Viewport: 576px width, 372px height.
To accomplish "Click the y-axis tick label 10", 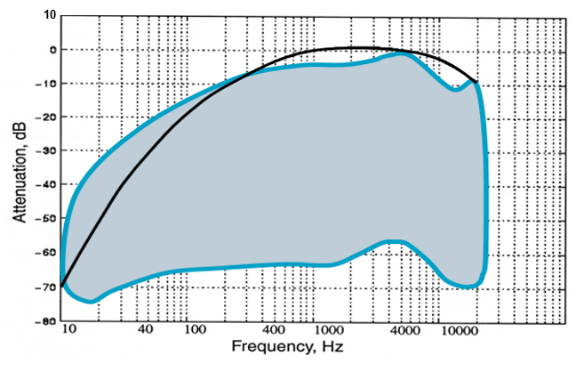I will (x=51, y=15).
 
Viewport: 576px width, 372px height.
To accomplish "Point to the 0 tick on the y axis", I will (x=53, y=50).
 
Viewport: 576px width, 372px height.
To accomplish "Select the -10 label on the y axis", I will (x=49, y=84).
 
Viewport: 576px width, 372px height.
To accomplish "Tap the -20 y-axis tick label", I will (x=49, y=117).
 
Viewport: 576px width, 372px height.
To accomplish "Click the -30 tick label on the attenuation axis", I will (x=49, y=151).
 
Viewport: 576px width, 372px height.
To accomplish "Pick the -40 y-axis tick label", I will (x=49, y=185).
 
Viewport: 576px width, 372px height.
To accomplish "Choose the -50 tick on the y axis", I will (x=49, y=219).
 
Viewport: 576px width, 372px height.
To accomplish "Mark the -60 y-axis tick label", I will (x=49, y=253).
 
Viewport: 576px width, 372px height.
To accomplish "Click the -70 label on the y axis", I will (x=49, y=287).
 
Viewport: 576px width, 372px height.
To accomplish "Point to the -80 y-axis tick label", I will (x=49, y=320).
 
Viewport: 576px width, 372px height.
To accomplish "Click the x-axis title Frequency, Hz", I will (x=288, y=346).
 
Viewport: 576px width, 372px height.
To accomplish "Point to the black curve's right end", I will (x=477, y=83).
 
